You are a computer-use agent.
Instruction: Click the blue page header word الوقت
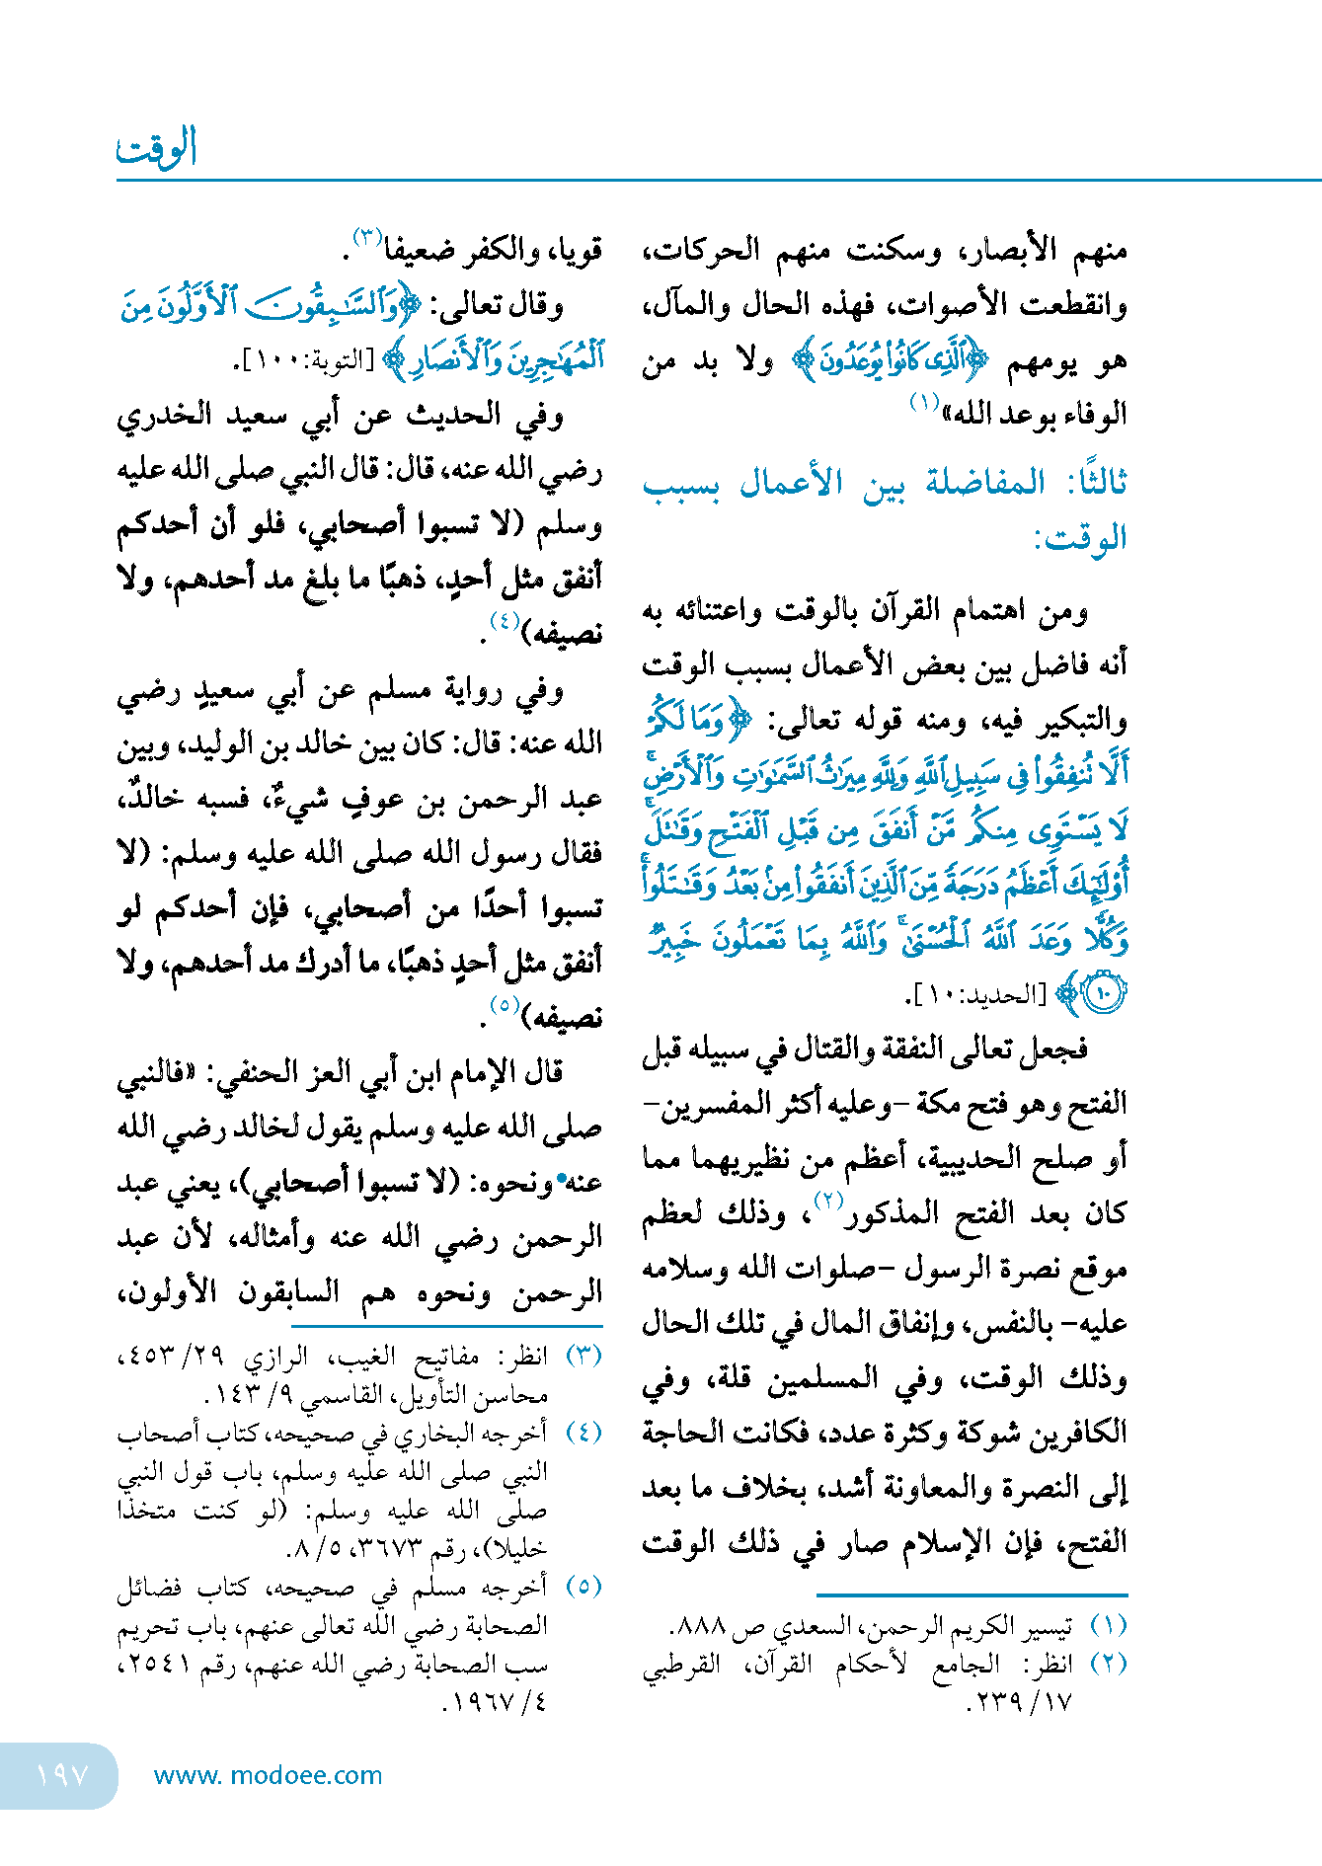[x=158, y=148]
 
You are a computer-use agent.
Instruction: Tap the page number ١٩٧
[x=61, y=1774]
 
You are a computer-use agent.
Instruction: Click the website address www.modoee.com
[x=268, y=1775]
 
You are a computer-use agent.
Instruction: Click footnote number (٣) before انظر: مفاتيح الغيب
[x=583, y=1356]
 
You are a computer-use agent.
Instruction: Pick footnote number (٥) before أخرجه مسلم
[x=583, y=1587]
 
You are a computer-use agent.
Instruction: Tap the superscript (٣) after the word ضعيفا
[x=367, y=238]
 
